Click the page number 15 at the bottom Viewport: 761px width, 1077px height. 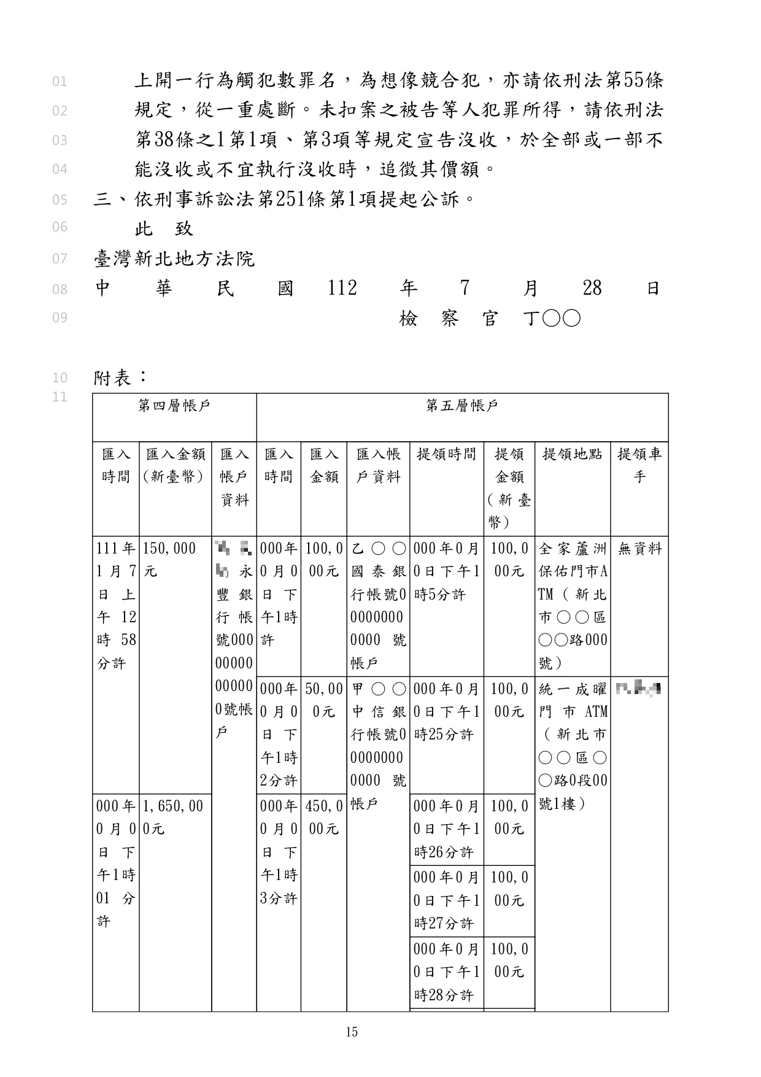[352, 1032]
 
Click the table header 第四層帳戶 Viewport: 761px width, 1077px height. [174, 406]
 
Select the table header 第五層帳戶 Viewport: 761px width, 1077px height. [462, 406]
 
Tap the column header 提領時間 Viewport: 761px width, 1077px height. [446, 454]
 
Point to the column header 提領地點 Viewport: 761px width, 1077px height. [572, 454]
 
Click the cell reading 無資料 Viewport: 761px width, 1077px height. [639, 549]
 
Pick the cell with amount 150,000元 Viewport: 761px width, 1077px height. [169, 560]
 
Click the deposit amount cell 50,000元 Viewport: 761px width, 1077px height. [323, 700]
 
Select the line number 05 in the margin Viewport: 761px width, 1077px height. [60, 199]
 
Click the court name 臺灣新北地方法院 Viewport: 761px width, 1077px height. [174, 259]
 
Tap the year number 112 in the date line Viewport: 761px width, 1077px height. [342, 288]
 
